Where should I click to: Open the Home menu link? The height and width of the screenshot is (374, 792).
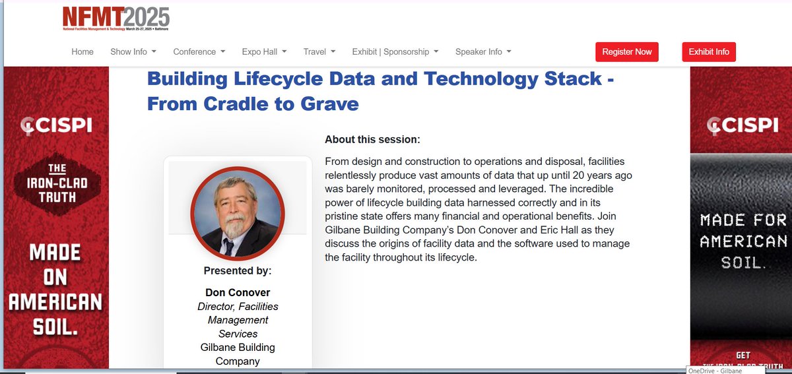coord(82,51)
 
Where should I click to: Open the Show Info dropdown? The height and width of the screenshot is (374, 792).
coord(133,51)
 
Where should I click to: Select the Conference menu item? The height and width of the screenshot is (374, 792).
coord(199,51)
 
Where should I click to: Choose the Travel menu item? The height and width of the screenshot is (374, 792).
coord(319,51)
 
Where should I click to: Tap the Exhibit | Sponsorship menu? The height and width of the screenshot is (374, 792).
coord(395,51)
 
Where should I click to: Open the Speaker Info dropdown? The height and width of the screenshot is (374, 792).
coord(482,51)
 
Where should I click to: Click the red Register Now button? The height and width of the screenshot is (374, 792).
coord(626,52)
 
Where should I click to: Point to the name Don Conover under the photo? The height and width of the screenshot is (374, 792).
coord(237,292)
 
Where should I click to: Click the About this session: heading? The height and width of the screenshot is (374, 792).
coord(372,140)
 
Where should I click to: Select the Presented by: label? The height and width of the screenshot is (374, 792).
coord(237,270)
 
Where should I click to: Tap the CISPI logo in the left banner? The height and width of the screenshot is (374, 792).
coord(56,124)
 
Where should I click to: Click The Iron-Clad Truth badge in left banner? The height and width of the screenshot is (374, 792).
coord(56,182)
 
